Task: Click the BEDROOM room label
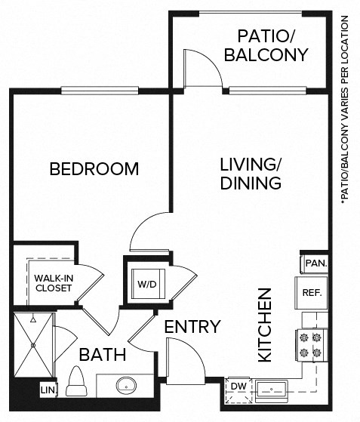[x=94, y=168]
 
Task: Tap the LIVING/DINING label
[x=251, y=174]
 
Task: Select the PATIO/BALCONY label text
[x=272, y=45]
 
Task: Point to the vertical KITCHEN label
[x=265, y=325]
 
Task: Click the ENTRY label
[x=192, y=327]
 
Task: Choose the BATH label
[x=103, y=354]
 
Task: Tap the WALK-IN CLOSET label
[x=53, y=283]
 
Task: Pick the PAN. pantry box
[x=315, y=263]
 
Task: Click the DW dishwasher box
[x=238, y=387]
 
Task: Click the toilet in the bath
[x=76, y=381]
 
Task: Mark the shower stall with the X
[x=34, y=345]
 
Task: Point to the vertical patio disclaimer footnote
[x=349, y=106]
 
